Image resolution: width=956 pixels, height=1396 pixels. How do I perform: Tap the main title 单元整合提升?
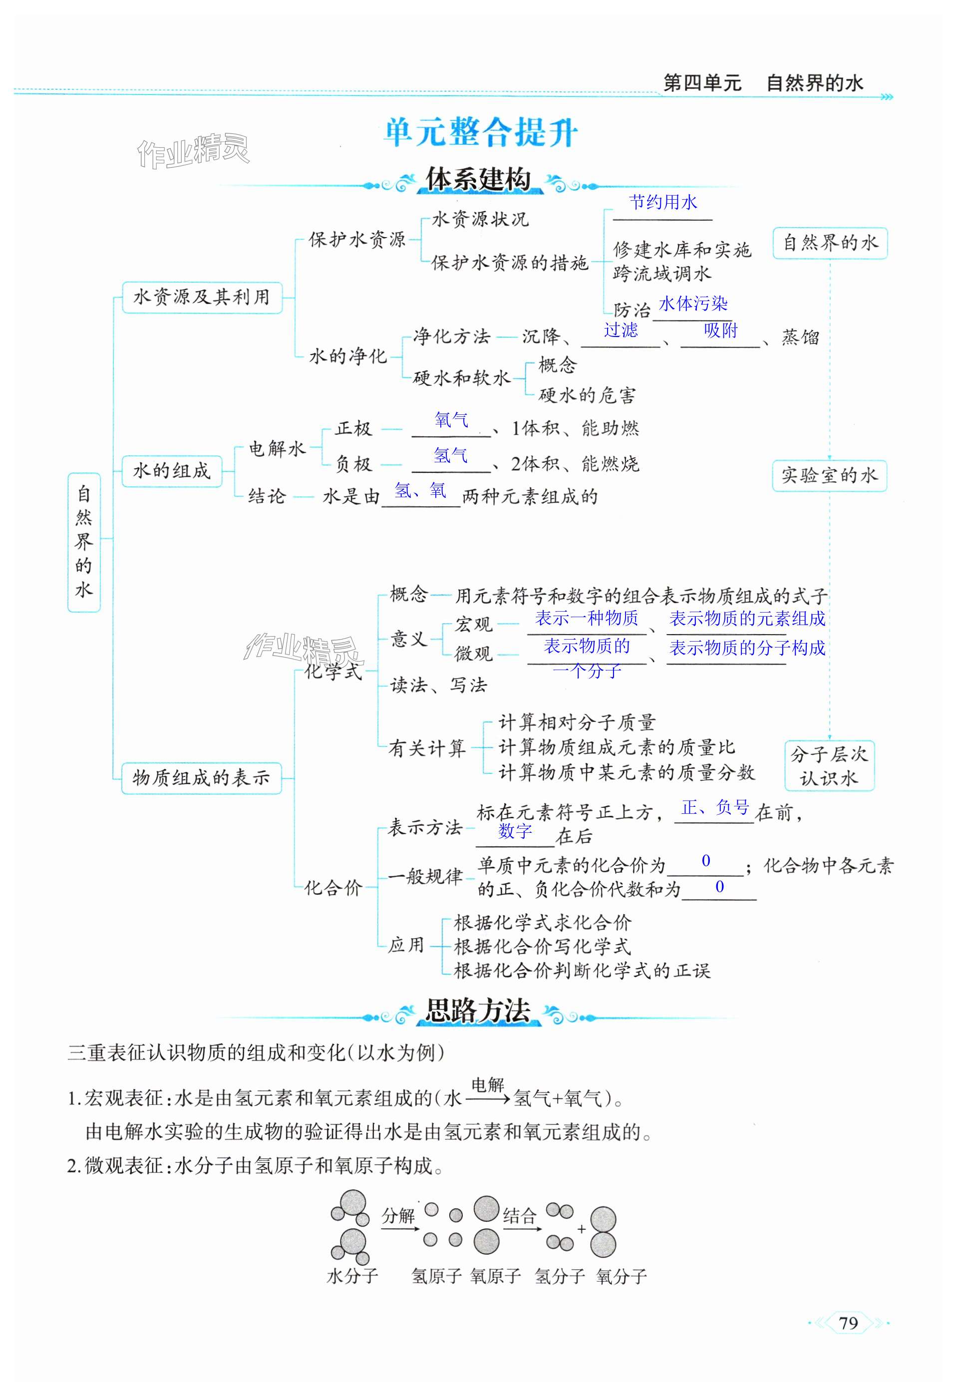pos(480,133)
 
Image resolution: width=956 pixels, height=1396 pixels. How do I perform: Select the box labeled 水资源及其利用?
pos(202,297)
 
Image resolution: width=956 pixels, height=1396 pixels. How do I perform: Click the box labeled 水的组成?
pos(172,470)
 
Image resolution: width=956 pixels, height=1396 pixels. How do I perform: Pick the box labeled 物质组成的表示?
pos(201,777)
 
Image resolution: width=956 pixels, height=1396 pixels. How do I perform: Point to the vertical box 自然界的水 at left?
pos(83,542)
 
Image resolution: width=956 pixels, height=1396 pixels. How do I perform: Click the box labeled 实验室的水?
pos(829,476)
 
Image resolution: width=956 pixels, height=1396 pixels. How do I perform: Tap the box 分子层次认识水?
pos(829,766)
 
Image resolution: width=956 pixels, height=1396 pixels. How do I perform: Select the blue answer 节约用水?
pos(663,202)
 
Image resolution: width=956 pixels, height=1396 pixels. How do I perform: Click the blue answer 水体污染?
pos(693,304)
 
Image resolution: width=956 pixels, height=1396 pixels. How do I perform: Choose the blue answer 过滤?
pos(621,330)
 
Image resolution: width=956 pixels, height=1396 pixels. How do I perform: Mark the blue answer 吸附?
pos(720,330)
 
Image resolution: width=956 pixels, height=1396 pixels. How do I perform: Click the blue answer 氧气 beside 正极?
pos(452,419)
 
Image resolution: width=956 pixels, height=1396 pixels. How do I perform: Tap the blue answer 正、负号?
pos(715,807)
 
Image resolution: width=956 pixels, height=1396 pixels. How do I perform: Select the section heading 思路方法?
pos(478,1011)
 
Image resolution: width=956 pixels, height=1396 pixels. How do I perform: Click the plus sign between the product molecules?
pos(581,1229)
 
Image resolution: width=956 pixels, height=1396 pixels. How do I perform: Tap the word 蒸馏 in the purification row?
pos(800,338)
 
